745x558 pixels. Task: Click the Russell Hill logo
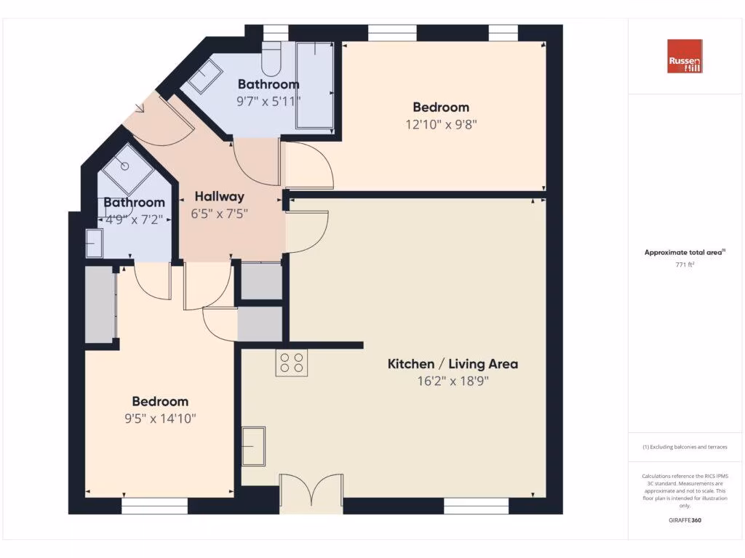(685, 56)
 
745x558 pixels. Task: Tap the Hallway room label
(219, 196)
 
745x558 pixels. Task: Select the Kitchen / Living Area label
(453, 364)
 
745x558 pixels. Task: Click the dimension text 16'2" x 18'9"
(453, 382)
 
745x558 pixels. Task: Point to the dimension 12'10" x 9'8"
(442, 124)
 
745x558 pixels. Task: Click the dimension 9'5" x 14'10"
(160, 418)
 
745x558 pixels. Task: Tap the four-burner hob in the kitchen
(291, 363)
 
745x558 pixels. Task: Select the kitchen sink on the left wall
(254, 445)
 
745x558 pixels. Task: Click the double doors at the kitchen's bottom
(311, 490)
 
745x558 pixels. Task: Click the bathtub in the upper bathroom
(314, 85)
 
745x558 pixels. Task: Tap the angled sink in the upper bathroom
(206, 76)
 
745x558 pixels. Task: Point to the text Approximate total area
(684, 252)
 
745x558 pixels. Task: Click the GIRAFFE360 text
(685, 520)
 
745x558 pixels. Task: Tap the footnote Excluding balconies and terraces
(685, 447)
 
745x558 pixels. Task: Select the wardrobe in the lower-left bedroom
(100, 304)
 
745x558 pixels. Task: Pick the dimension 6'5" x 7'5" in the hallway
(219, 214)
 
